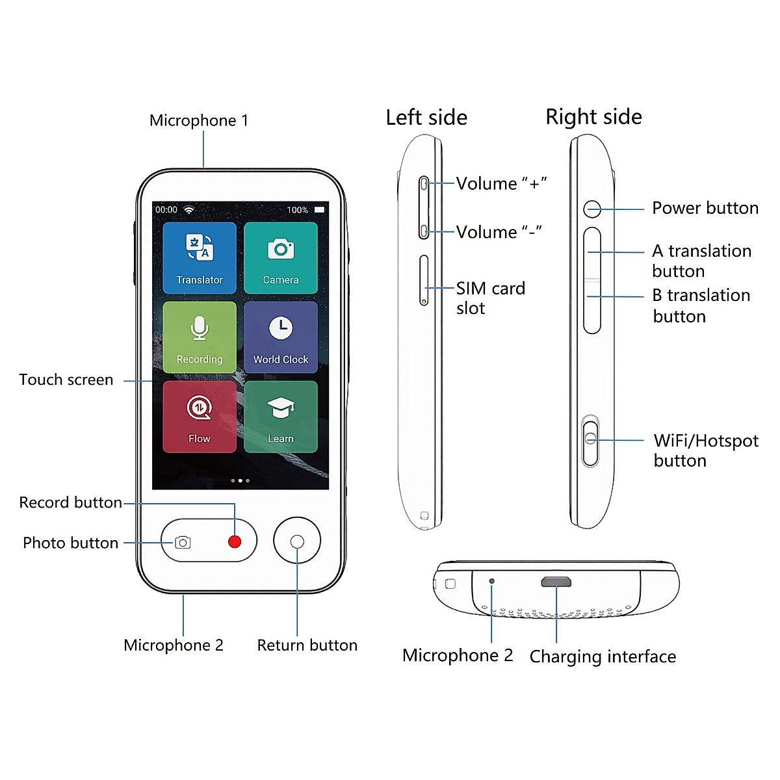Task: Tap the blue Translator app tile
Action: tap(200, 258)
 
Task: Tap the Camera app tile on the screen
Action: tap(281, 258)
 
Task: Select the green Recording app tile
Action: tap(200, 337)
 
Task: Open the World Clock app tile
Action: tap(281, 337)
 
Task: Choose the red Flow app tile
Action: tap(200, 417)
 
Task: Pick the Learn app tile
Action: tap(281, 417)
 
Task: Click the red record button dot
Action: tap(235, 541)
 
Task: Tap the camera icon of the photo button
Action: tap(183, 542)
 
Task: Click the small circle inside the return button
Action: tap(297, 541)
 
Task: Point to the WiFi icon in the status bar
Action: tap(188, 210)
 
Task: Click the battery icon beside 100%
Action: tap(319, 210)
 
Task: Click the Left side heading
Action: tap(426, 118)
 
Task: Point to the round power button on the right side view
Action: tap(591, 209)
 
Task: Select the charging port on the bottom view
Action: tap(556, 582)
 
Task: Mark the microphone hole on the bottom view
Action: tap(491, 581)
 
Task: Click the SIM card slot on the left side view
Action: tap(424, 280)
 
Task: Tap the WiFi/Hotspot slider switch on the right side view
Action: tap(591, 441)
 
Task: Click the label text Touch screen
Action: tap(66, 380)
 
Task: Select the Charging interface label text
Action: tap(603, 656)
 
